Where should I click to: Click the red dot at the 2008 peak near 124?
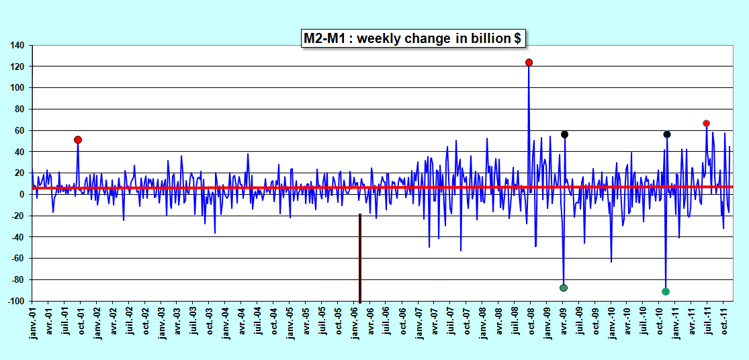pyautogui.click(x=529, y=62)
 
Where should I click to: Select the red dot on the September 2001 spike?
pyautogui.click(x=78, y=140)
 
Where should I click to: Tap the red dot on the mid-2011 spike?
pyautogui.click(x=707, y=124)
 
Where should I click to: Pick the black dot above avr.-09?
pyautogui.click(x=565, y=134)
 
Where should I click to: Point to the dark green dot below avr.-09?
pyautogui.click(x=564, y=288)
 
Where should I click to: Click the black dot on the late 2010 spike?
pyautogui.click(x=667, y=134)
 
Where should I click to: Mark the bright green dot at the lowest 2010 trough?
pyautogui.click(x=666, y=291)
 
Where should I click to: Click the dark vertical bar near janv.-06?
pyautogui.click(x=360, y=258)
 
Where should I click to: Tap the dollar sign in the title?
pyautogui.click(x=517, y=38)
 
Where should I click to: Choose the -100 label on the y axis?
pyautogui.click(x=17, y=302)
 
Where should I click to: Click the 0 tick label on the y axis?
pyautogui.click(x=23, y=194)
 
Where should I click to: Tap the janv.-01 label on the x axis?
pyautogui.click(x=32, y=323)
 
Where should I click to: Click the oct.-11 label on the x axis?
pyautogui.click(x=723, y=321)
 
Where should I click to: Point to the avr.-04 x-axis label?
pyautogui.click(x=241, y=322)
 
